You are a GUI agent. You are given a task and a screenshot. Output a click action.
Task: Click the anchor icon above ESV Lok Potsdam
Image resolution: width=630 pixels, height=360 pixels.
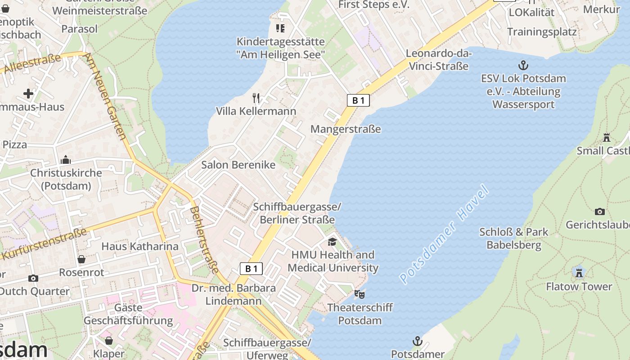[x=523, y=65]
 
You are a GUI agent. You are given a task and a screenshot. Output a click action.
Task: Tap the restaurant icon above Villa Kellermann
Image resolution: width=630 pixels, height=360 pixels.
[x=256, y=98]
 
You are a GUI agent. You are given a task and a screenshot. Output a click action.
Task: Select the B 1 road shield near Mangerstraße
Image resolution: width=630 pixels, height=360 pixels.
[x=358, y=100]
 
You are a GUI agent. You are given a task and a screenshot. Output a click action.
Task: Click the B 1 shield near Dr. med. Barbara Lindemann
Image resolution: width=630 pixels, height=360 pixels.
[x=251, y=269]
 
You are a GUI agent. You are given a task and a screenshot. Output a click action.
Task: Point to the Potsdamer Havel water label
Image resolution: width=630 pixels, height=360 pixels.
[x=444, y=234]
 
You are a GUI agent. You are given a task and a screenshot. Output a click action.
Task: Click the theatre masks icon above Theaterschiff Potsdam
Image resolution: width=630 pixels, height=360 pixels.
[x=359, y=294]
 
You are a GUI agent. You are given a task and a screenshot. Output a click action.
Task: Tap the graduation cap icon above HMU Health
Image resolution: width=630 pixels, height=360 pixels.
[x=332, y=242]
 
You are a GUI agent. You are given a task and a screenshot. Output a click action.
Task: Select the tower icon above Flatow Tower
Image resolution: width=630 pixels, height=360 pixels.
[x=579, y=273]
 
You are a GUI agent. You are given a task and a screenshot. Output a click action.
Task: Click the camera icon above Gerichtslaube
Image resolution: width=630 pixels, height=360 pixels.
[x=599, y=211]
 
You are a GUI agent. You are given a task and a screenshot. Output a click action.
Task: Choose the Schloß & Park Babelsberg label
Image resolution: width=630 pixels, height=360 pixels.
[x=513, y=238]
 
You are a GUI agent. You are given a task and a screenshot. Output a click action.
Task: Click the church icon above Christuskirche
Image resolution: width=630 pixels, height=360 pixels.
[x=66, y=160]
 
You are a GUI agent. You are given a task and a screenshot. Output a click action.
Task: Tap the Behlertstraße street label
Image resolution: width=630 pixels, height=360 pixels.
[x=204, y=239]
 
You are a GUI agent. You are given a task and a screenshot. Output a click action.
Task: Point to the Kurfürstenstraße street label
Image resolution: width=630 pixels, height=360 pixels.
[x=44, y=244]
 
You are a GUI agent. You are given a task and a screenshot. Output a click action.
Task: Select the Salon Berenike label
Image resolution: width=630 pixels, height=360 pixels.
[x=238, y=165]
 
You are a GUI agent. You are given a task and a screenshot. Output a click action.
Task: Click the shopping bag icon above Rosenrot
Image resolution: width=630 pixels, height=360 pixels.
[x=81, y=259]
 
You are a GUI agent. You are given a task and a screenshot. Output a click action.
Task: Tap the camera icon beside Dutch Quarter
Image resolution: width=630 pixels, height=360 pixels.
[x=33, y=279]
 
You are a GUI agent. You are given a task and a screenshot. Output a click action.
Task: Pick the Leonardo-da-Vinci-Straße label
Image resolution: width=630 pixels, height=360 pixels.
[x=438, y=60]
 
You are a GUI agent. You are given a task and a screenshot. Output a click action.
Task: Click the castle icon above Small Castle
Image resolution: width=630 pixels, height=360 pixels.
[x=607, y=137]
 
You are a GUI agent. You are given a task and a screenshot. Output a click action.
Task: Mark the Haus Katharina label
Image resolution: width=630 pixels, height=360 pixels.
[x=140, y=246]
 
